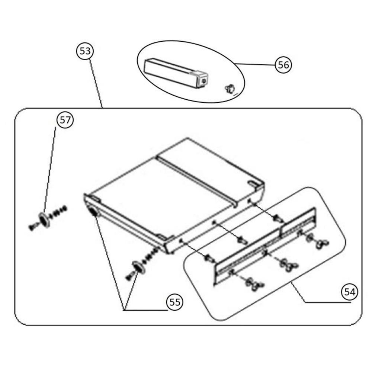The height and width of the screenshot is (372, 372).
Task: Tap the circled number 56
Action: pyautogui.click(x=283, y=65)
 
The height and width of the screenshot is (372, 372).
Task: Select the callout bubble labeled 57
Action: pyautogui.click(x=65, y=120)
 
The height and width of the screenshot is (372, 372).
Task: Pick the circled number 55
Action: pyautogui.click(x=175, y=302)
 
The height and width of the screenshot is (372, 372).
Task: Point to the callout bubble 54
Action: pyautogui.click(x=349, y=292)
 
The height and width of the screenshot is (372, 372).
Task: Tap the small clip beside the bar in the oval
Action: pyautogui.click(x=230, y=89)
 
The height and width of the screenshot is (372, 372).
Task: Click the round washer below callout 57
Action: pyautogui.click(x=45, y=220)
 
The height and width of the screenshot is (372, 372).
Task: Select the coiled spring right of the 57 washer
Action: pyautogui.click(x=58, y=212)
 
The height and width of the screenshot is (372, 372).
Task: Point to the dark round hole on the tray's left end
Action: pyautogui.click(x=93, y=211)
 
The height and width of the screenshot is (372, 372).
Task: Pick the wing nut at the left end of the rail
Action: pyautogui.click(x=254, y=284)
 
